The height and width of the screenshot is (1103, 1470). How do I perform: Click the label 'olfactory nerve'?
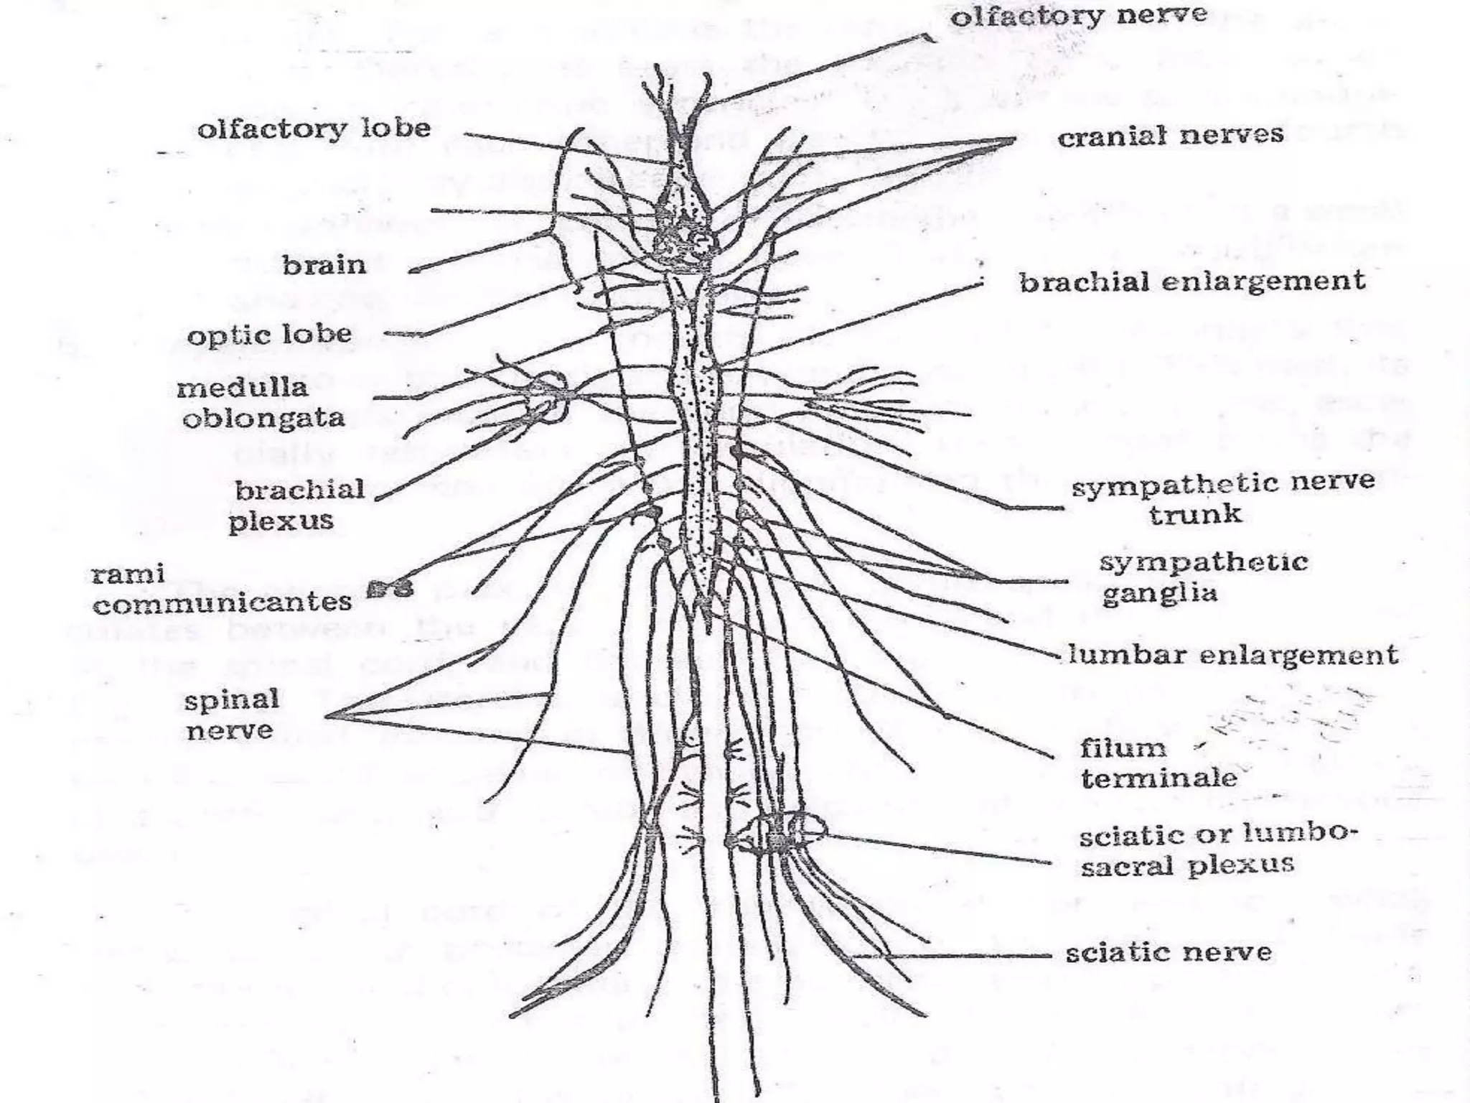pyautogui.click(x=1079, y=17)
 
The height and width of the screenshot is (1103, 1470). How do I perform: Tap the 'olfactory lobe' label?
pyautogui.click(x=314, y=130)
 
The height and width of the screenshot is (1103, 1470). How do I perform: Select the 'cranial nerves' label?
pyautogui.click(x=1170, y=136)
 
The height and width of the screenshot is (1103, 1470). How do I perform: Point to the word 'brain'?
pyautogui.click(x=324, y=266)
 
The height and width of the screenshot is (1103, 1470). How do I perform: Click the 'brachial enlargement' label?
pyautogui.click(x=1192, y=281)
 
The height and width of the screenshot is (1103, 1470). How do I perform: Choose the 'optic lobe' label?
pyautogui.click(x=269, y=335)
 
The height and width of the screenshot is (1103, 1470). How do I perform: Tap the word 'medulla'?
pyautogui.click(x=242, y=388)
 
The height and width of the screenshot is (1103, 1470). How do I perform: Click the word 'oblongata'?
pyautogui.click(x=263, y=419)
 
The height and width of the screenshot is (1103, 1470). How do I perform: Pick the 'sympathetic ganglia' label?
pyautogui.click(x=1203, y=577)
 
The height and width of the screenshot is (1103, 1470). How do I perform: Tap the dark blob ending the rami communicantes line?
pyautogui.click(x=390, y=590)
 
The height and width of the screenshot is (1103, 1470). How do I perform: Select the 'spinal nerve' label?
pyautogui.click(x=230, y=715)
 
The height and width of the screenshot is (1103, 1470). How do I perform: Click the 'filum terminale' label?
pyautogui.click(x=1158, y=763)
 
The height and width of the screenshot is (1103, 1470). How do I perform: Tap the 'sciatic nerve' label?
pyautogui.click(x=1168, y=954)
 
